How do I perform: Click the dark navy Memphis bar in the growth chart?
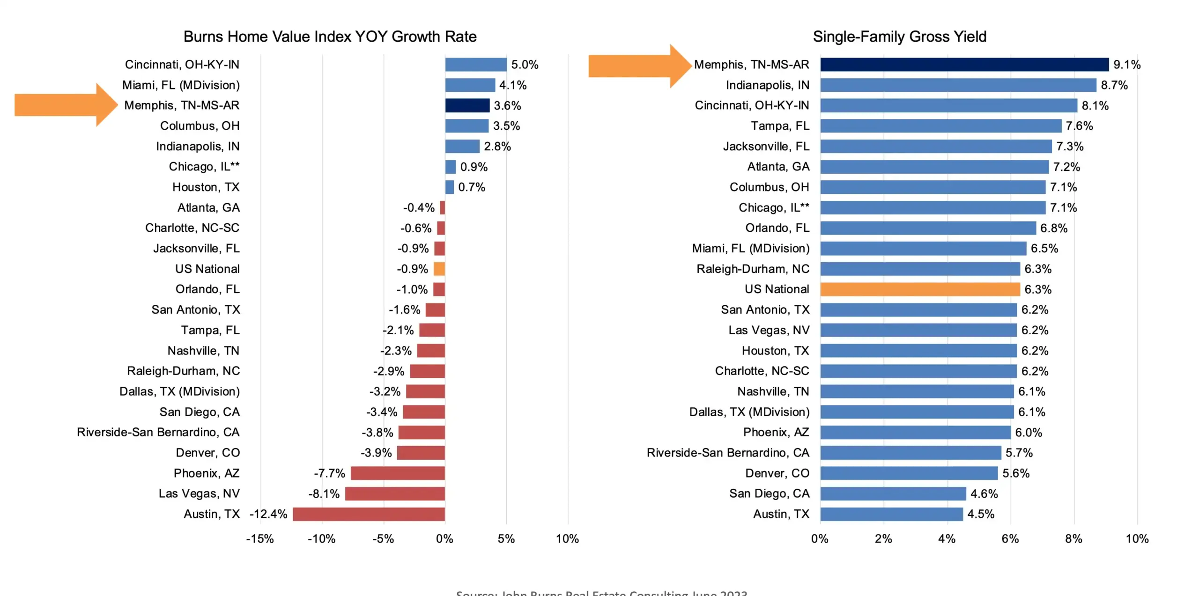click(466, 105)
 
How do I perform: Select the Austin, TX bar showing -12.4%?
click(368, 514)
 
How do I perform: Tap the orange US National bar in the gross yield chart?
click(919, 289)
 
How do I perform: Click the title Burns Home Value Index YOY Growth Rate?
click(330, 37)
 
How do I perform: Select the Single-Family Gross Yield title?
click(899, 37)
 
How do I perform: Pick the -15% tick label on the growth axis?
click(260, 539)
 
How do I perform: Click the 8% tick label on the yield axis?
click(1073, 539)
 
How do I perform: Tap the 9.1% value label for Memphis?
click(1126, 65)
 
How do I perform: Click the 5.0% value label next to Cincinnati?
click(525, 65)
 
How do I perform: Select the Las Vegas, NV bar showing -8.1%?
click(394, 493)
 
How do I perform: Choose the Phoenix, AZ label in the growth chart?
click(207, 473)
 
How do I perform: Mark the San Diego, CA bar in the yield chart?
click(893, 493)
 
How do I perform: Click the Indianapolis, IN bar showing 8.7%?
click(958, 85)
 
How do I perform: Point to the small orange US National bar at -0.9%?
click(439, 269)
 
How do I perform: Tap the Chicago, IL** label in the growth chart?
click(204, 167)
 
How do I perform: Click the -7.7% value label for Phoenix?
click(329, 473)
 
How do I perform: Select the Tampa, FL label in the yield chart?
click(780, 126)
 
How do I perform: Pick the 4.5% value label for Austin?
click(980, 514)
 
